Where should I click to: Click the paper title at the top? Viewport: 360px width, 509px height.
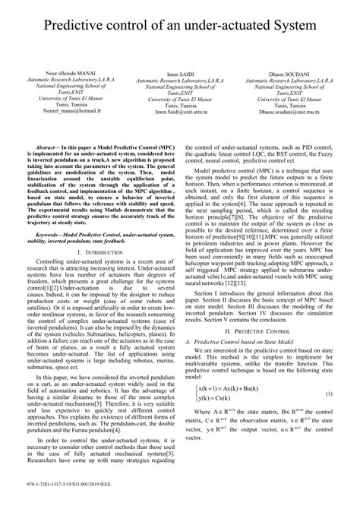pyautogui.click(x=180, y=28)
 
